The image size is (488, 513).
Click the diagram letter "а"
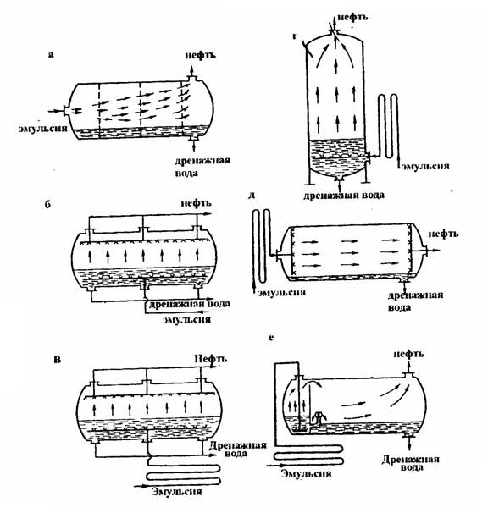[51, 55]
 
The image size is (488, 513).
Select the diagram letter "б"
[47, 205]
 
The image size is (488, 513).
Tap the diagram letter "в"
[58, 360]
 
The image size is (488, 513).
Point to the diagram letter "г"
[295, 36]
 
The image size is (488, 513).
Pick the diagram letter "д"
[252, 196]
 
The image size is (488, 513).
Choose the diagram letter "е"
[271, 337]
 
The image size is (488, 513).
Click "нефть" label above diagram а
[200, 55]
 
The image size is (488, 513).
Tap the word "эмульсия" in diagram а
[43, 128]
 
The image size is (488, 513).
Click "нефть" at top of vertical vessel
[352, 17]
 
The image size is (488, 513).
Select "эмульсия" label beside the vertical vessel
[425, 166]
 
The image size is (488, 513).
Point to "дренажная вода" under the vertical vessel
[344, 196]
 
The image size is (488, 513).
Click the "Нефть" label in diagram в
[210, 359]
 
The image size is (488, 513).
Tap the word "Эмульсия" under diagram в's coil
[177, 491]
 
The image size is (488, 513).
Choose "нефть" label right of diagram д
[443, 234]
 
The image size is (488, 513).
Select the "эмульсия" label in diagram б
[187, 319]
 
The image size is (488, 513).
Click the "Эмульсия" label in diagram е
[306, 473]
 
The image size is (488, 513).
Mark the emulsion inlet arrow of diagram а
[55, 112]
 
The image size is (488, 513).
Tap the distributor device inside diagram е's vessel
[319, 419]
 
